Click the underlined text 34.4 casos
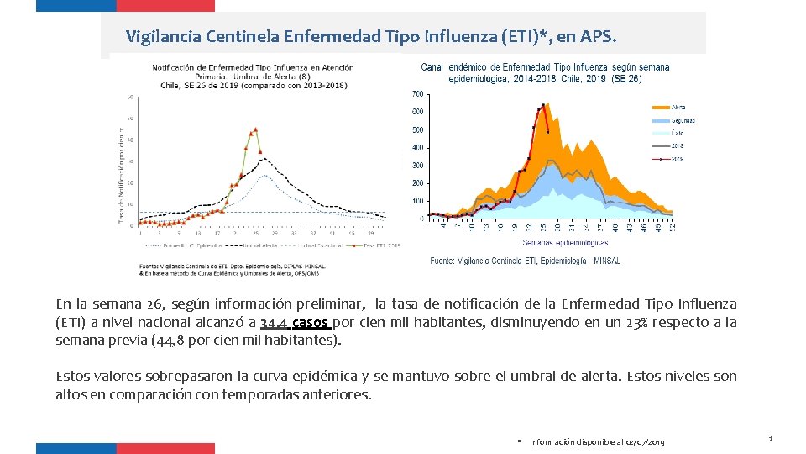point(295,323)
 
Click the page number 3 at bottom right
point(769,438)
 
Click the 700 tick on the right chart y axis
point(417,93)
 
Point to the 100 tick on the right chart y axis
point(417,201)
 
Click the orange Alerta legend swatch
point(660,108)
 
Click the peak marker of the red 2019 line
point(544,104)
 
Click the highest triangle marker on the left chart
point(256,129)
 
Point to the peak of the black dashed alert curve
point(264,159)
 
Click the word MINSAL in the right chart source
point(607,261)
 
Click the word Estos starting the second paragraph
point(73,376)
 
